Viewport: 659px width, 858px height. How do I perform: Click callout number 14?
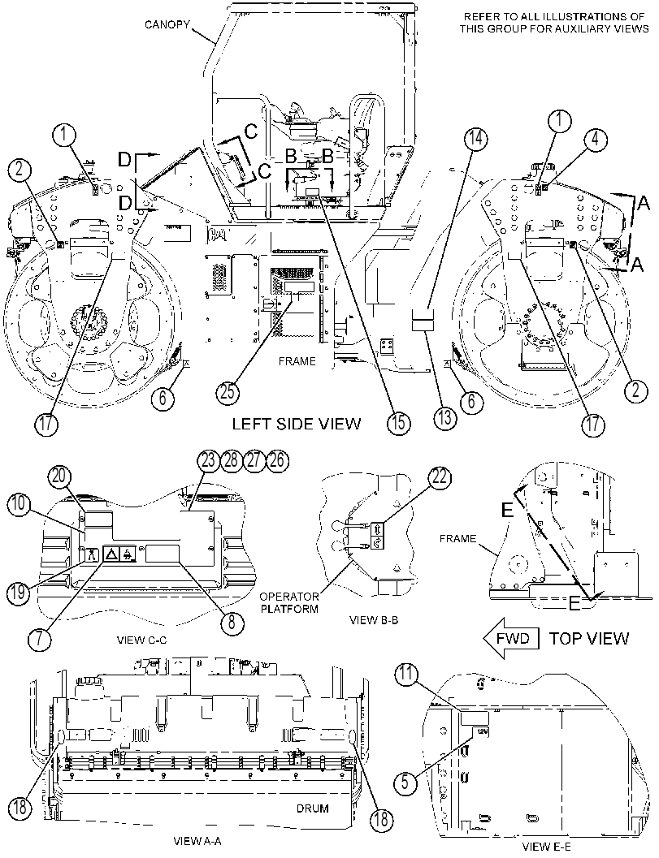click(x=475, y=138)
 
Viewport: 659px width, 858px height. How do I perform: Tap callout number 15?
click(x=398, y=423)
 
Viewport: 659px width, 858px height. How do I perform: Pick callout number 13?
click(x=444, y=419)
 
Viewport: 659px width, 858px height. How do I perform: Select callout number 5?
click(x=405, y=782)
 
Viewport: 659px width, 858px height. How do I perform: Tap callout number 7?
click(x=41, y=639)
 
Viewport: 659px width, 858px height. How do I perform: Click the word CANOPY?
click(x=167, y=24)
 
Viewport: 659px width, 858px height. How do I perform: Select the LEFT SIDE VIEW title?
click(x=297, y=424)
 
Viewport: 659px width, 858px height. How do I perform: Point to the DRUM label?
click(x=312, y=808)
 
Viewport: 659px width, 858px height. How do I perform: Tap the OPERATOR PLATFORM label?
click(x=289, y=602)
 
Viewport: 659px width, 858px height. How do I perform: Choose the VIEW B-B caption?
click(x=374, y=620)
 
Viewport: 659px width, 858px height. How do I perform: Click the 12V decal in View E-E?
click(x=482, y=731)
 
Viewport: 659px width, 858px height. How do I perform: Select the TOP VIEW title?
click(x=589, y=638)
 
